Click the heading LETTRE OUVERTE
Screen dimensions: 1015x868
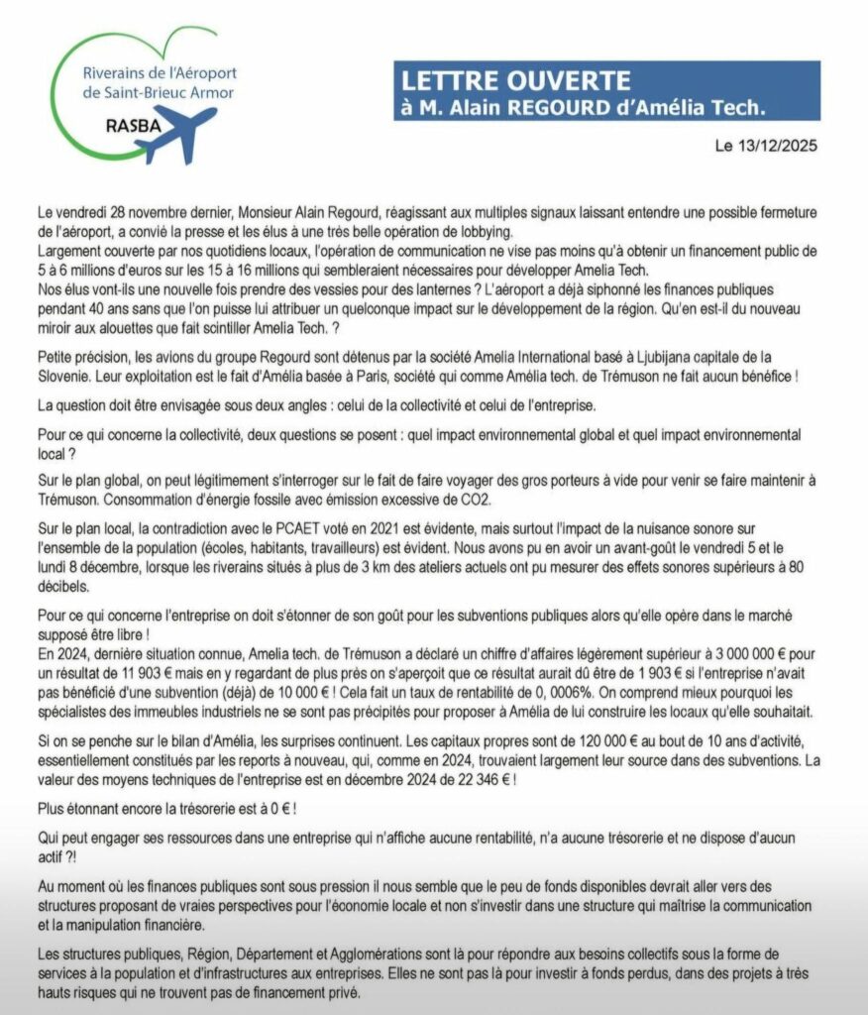513,80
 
